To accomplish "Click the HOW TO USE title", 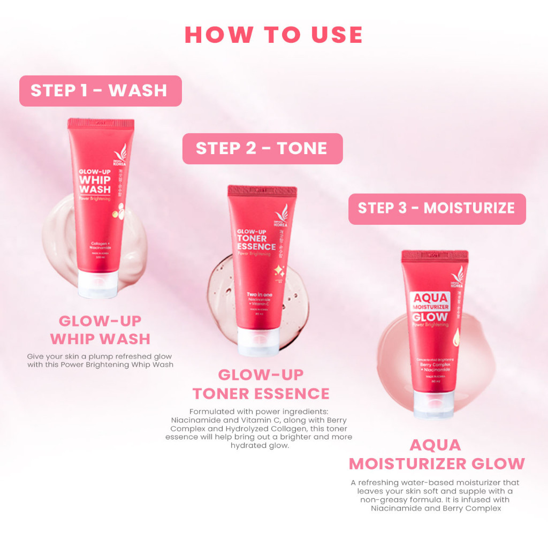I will coord(273,34).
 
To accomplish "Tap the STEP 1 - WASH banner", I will coord(100,90).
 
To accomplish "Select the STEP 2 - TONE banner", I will coord(262,148).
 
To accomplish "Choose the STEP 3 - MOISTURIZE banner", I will coord(437,208).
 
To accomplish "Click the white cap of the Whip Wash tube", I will coord(97,283).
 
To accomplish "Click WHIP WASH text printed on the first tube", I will coord(95,185).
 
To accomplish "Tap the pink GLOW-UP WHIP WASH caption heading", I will coord(100,330).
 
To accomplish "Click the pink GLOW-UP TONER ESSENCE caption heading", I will coord(261,384).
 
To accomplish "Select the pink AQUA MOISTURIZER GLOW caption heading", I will coord(437,454).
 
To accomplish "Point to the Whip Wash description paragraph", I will coord(100,360).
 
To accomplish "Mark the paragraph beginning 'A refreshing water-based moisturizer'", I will coord(436,495).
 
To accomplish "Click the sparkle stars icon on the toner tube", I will coord(279,270).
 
